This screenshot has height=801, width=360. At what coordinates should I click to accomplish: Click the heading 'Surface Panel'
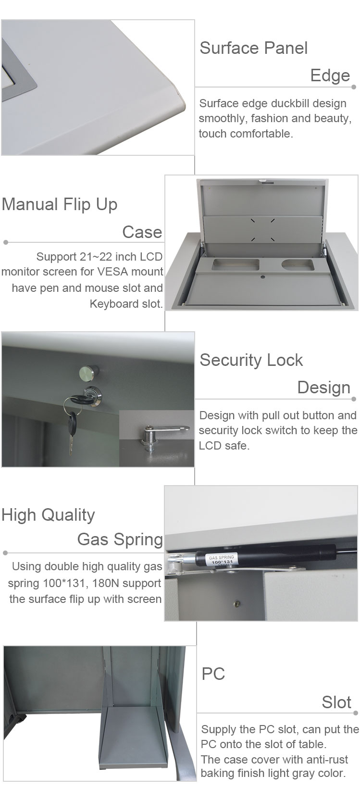tap(253, 48)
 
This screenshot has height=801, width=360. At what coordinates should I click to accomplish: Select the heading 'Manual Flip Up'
tap(60, 205)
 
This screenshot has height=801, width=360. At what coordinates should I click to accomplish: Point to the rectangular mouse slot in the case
tap(236, 264)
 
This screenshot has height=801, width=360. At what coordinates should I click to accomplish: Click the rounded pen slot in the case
tap(298, 264)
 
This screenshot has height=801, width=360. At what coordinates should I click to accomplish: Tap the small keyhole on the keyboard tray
tap(263, 277)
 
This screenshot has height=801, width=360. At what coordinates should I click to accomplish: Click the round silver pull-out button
tap(88, 372)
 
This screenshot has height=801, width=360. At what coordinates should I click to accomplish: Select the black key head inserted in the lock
tap(79, 399)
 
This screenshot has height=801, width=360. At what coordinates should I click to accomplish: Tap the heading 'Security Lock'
tap(251, 360)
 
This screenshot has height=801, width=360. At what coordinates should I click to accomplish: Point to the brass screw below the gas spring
tap(236, 604)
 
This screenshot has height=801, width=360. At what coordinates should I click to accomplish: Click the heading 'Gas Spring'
tap(120, 539)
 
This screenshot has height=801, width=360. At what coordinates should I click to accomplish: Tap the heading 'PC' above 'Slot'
tap(213, 674)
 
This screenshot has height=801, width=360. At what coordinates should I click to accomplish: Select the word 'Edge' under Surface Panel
tap(330, 75)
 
